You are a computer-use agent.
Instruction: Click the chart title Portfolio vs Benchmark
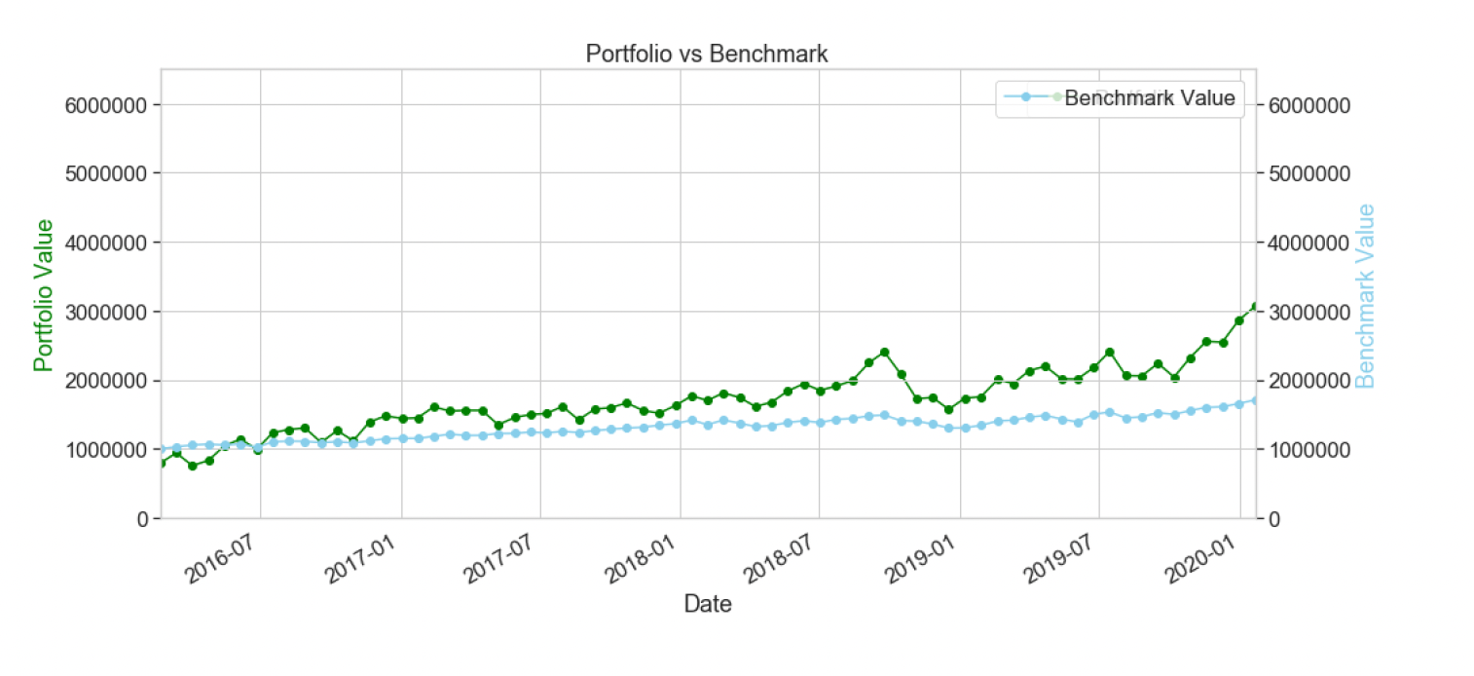point(706,54)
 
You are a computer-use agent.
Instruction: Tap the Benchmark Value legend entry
point(1149,97)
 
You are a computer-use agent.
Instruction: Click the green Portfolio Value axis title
point(43,294)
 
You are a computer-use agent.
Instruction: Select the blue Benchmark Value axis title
point(1365,294)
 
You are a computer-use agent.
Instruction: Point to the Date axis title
point(708,604)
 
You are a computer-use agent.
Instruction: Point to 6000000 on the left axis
point(105,105)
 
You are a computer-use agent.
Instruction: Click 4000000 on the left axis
point(105,243)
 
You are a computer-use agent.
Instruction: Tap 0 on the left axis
point(141,518)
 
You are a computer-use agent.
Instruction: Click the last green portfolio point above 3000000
point(1255,307)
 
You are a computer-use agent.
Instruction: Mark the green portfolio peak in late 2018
point(884,352)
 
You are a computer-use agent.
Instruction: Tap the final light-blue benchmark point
point(1255,400)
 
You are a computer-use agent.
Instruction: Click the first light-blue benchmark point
point(162,450)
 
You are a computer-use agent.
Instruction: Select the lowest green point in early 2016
point(193,466)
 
